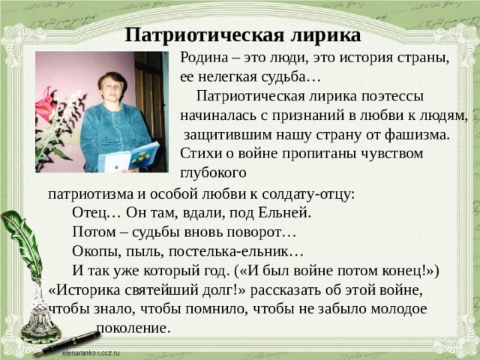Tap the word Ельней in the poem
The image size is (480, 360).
[284, 212]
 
